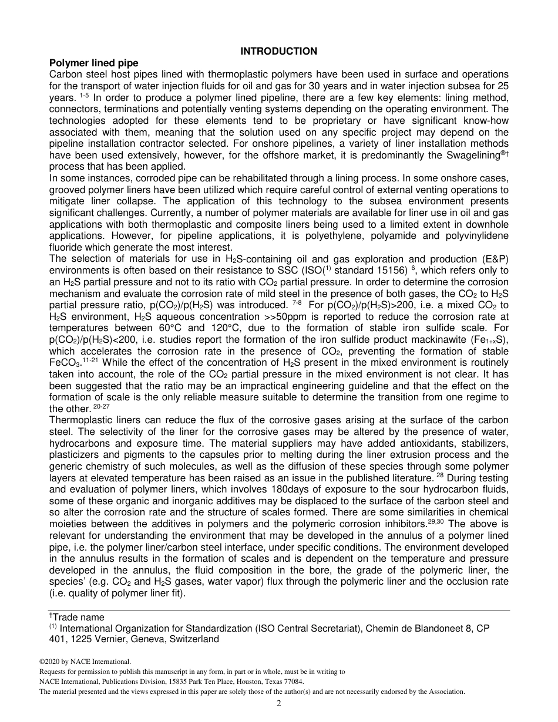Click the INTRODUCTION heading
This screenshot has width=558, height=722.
[279, 51]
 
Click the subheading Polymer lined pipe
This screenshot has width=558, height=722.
[94, 63]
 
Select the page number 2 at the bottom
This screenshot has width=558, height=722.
[279, 704]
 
